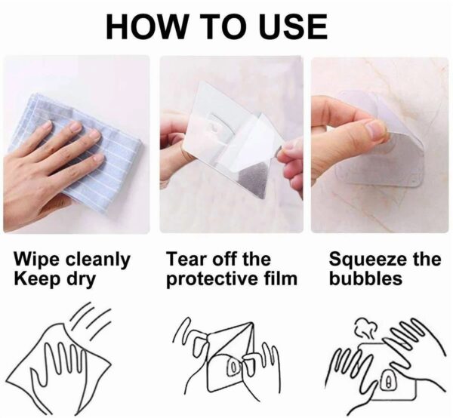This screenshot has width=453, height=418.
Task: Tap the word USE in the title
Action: pyautogui.click(x=293, y=26)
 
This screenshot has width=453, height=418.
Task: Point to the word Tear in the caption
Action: pyautogui.click(x=186, y=259)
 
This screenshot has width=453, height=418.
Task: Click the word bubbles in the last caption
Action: pyautogui.click(x=365, y=278)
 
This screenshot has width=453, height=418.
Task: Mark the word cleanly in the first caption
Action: pyautogui.click(x=97, y=260)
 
